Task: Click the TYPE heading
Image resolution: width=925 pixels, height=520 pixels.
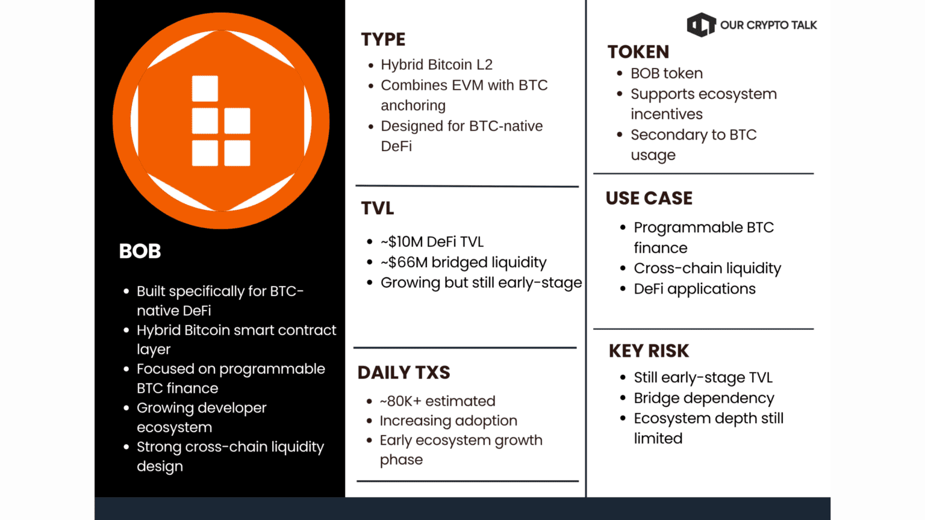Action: [383, 40]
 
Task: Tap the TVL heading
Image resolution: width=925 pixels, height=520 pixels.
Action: [378, 208]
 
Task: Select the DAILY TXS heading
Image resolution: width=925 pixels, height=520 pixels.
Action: [404, 373]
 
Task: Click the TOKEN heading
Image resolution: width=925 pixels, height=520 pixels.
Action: [638, 52]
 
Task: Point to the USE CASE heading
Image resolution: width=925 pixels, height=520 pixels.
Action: [649, 199]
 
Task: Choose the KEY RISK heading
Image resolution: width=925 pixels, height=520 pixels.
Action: [649, 351]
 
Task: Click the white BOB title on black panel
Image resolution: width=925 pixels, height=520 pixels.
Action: [140, 251]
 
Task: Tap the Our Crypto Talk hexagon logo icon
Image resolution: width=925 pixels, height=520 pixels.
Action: [701, 25]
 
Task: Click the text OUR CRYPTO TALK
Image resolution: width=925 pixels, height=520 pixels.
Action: [768, 25]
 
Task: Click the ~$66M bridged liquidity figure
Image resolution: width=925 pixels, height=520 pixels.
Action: [463, 262]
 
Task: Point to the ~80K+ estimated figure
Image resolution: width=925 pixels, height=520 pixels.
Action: [438, 401]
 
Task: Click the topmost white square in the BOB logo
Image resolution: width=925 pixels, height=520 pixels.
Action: [205, 88]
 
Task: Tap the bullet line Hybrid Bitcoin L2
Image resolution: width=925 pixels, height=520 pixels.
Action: [437, 65]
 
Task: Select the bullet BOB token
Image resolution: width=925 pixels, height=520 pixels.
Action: [667, 73]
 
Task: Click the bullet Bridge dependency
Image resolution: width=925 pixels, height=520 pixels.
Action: [704, 398]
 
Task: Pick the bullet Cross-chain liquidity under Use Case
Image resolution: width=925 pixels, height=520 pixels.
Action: [708, 268]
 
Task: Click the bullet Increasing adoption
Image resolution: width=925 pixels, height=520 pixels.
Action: [449, 421]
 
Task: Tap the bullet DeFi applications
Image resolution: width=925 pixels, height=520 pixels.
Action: [694, 289]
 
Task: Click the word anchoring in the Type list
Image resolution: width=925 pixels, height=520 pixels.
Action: [413, 106]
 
